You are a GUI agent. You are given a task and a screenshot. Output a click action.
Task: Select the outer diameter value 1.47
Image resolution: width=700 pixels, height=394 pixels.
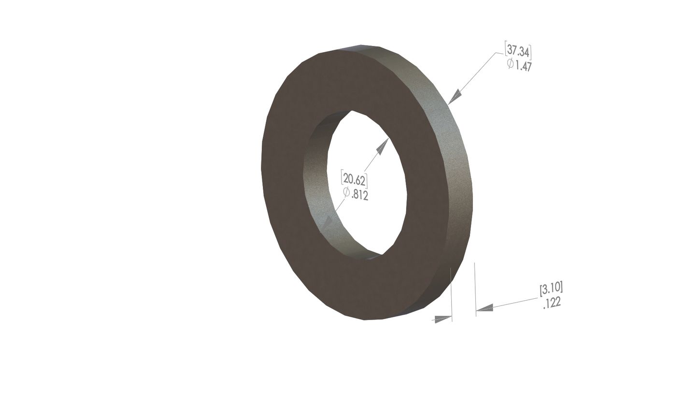click(523, 65)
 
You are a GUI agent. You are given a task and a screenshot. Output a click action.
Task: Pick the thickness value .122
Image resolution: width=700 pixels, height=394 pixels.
click(551, 304)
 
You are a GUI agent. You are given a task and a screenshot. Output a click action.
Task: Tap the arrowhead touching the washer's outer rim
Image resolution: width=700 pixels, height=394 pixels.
click(454, 97)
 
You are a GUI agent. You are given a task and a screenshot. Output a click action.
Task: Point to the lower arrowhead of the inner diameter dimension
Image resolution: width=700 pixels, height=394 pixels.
click(328, 223)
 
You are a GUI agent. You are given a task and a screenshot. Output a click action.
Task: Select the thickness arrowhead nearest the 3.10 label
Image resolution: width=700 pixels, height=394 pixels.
click(485, 307)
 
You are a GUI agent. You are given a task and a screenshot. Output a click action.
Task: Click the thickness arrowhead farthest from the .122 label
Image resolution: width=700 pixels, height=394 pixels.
click(443, 319)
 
